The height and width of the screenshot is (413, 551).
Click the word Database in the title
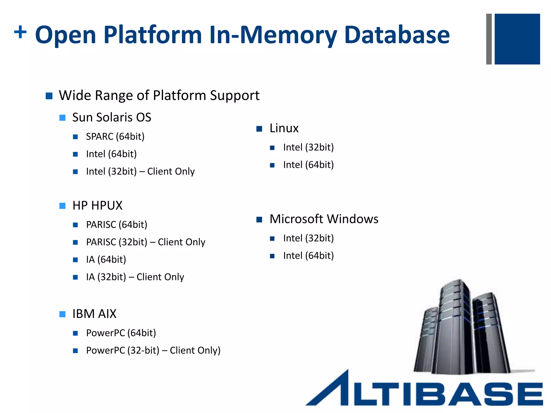(x=397, y=35)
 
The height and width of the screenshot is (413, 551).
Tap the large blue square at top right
(x=517, y=39)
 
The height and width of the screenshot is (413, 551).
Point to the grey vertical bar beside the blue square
(x=489, y=39)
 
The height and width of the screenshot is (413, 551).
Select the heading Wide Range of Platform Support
(x=159, y=95)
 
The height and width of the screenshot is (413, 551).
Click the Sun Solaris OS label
(x=112, y=118)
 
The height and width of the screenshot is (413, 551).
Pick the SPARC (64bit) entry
(x=115, y=137)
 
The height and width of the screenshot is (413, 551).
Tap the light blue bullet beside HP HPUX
(x=62, y=206)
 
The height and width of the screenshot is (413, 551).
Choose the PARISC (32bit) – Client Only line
(x=146, y=242)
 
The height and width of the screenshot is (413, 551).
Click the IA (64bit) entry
(x=106, y=260)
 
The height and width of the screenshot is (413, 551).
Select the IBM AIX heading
(x=94, y=314)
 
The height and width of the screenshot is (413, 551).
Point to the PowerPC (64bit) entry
(x=121, y=333)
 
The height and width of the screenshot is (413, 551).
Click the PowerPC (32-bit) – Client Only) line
(x=153, y=351)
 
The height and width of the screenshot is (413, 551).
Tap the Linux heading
(x=284, y=128)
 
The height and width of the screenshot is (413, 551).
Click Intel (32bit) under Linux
(x=308, y=147)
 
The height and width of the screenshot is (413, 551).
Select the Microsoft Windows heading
(x=324, y=219)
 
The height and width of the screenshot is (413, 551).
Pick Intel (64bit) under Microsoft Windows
(x=308, y=256)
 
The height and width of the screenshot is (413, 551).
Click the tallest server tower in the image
(x=455, y=328)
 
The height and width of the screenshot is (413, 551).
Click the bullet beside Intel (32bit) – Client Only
(x=75, y=172)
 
